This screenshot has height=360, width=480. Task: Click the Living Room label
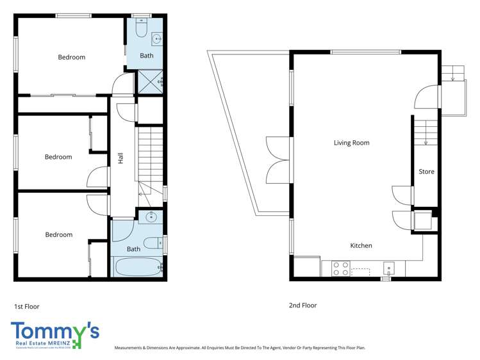(351, 143)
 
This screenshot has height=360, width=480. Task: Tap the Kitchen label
(361, 245)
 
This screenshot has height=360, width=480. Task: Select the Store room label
(426, 172)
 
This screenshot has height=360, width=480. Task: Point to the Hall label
(120, 158)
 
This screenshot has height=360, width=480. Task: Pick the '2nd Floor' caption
(302, 306)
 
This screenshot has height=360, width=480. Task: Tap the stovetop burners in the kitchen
(341, 268)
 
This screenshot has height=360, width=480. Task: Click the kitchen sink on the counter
(388, 268)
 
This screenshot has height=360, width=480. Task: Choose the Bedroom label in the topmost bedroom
(71, 57)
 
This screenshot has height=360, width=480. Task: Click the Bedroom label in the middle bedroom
(58, 157)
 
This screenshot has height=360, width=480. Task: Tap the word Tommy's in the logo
(54, 331)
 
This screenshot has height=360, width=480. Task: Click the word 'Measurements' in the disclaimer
(131, 348)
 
